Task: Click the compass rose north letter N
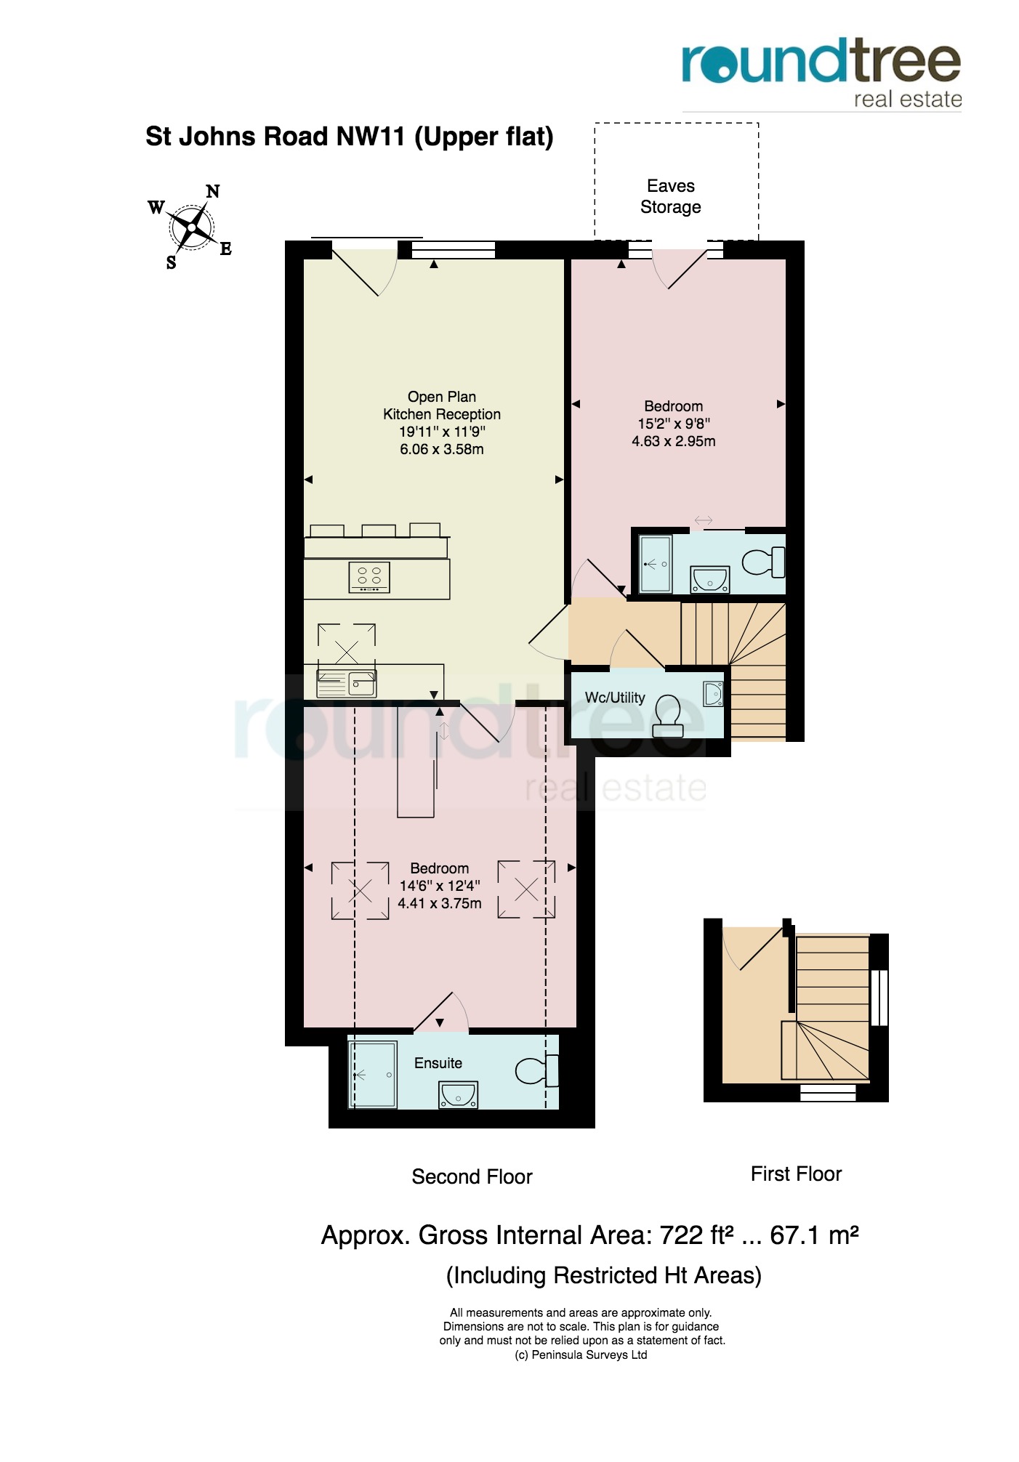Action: click(x=212, y=192)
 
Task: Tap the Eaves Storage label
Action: click(x=671, y=196)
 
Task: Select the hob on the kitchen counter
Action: click(x=369, y=578)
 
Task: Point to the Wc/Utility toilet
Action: click(x=668, y=716)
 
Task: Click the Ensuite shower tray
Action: click(x=373, y=1075)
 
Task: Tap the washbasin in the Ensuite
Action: click(x=458, y=1094)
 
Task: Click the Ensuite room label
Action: click(x=438, y=1063)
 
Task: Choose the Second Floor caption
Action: click(x=472, y=1176)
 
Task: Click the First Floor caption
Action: click(x=796, y=1174)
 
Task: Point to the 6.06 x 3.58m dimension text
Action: click(x=442, y=449)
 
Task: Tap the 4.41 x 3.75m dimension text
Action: click(x=440, y=903)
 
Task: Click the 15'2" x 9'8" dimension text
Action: click(x=674, y=424)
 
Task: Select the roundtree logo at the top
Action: click(x=821, y=73)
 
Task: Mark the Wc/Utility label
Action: click(x=615, y=698)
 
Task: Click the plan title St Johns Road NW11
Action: click(x=275, y=137)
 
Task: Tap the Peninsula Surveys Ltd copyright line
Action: click(x=581, y=1354)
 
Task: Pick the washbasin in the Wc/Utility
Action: click(x=713, y=694)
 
